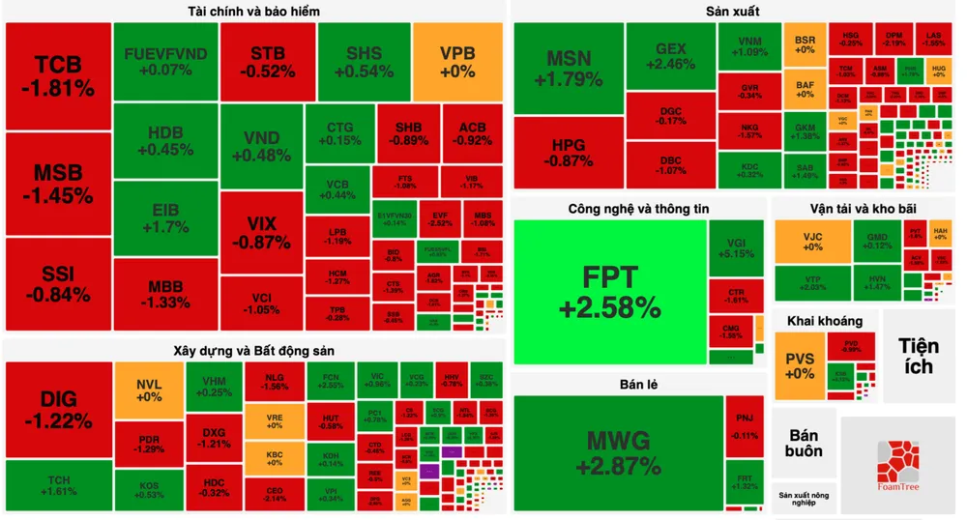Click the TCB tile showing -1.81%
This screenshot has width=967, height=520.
coord(58,77)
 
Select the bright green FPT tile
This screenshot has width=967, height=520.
coord(609,292)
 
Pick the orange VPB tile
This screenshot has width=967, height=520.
coord(457,62)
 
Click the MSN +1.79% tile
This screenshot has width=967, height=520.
coord(569,68)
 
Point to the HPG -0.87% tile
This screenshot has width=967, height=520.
coord(569,153)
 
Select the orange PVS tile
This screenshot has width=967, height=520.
coord(800,365)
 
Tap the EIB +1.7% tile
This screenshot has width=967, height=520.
coord(164,219)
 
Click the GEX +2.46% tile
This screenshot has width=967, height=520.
coord(676,56)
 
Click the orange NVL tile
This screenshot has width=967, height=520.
coord(149,389)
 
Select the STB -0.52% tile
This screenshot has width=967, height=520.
coord(267,62)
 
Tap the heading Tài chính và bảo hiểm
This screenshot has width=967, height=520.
coord(254,12)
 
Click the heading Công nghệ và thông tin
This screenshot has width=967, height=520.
coord(638,208)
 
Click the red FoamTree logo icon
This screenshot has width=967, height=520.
coord(898,462)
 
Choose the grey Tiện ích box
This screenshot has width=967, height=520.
coord(918,356)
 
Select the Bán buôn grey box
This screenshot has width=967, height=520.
coord(804,444)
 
